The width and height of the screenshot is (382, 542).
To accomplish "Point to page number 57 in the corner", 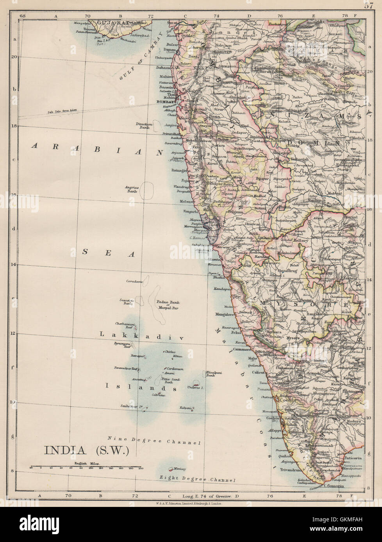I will pos(369,5).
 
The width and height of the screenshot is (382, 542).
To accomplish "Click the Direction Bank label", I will pos(144,126).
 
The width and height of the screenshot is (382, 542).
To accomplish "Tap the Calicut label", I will pos(258,372).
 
